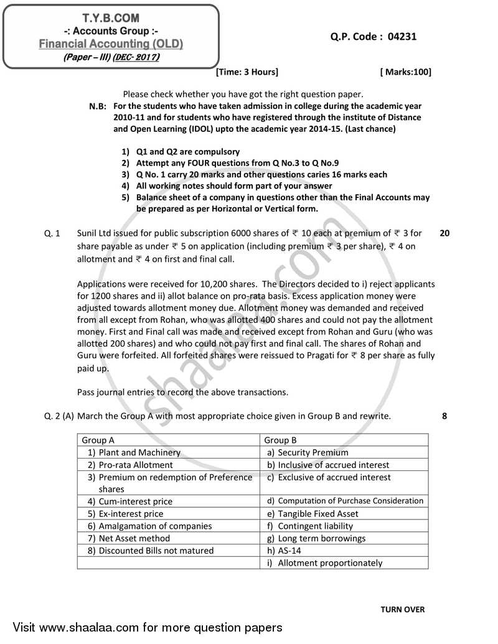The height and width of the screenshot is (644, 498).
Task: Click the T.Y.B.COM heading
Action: pos(110,19)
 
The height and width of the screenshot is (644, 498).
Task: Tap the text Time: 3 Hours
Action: pos(247,72)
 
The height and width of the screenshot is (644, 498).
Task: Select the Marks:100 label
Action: pos(405,72)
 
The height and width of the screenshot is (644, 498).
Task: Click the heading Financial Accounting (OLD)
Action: pos(111,44)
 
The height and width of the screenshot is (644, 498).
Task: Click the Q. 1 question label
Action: pos(52,233)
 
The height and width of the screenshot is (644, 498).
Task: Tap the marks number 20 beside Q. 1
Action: pos(444,233)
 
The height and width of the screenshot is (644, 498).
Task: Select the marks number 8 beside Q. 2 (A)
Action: pos(444,416)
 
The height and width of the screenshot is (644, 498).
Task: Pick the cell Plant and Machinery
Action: pos(139,452)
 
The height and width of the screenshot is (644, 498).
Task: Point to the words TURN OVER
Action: pos(402,609)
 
